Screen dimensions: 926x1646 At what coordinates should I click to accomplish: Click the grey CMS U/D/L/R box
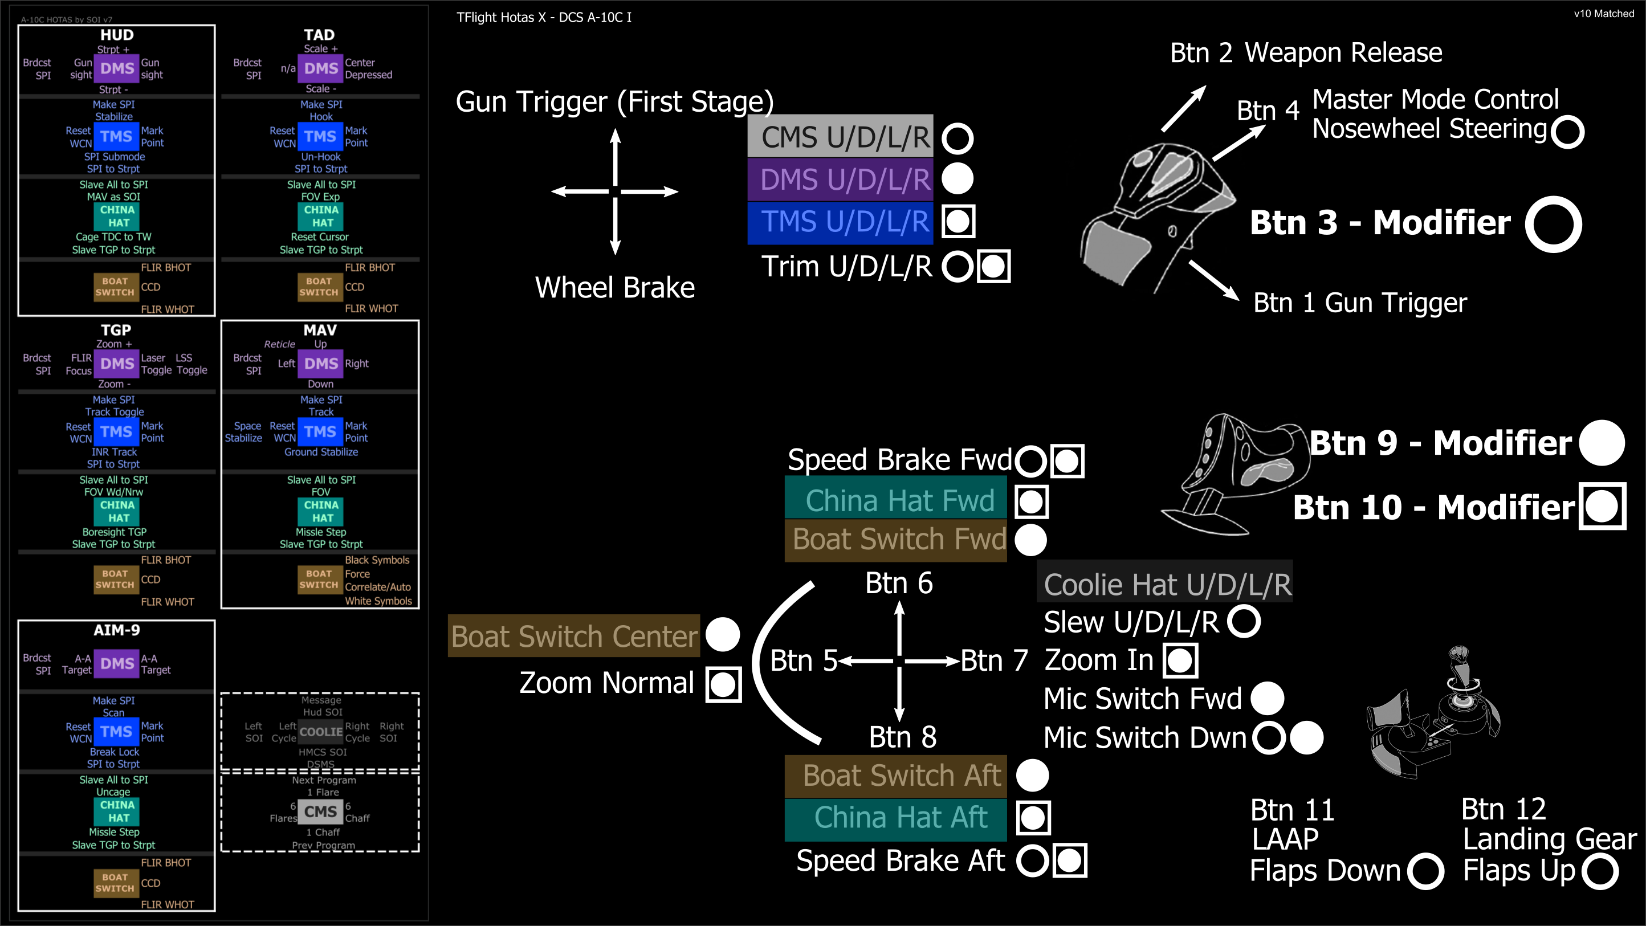click(x=840, y=136)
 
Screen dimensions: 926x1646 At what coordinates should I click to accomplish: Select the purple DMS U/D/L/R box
click(x=840, y=179)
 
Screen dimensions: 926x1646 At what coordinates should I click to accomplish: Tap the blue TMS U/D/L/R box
click(x=840, y=222)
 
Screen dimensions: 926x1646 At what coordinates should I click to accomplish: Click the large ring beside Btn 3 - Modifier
click(x=1553, y=224)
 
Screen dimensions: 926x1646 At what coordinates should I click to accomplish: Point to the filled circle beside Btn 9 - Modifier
click(x=1602, y=443)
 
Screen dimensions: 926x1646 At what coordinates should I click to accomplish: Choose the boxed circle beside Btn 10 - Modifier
click(x=1602, y=507)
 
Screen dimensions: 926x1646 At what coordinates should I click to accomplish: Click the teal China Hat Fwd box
click(x=896, y=500)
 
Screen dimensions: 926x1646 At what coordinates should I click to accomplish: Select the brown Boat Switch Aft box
click(x=896, y=776)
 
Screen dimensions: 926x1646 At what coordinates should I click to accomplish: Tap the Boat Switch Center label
click(x=574, y=637)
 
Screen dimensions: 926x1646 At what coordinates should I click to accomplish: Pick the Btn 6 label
click(x=898, y=583)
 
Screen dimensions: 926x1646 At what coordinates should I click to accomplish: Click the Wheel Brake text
click(x=615, y=288)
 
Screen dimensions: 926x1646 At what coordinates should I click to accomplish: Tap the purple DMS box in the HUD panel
click(x=117, y=68)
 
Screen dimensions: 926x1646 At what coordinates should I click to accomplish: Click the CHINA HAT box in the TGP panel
click(x=117, y=511)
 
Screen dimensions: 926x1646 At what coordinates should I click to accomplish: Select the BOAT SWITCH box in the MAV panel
click(x=318, y=579)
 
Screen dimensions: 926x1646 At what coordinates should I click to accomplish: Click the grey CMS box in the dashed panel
click(x=320, y=811)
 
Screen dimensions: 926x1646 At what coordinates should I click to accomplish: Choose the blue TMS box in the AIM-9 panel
click(x=116, y=732)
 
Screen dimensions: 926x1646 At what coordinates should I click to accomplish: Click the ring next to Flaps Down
click(x=1425, y=871)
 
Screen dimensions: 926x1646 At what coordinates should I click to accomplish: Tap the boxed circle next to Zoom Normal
click(x=723, y=684)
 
